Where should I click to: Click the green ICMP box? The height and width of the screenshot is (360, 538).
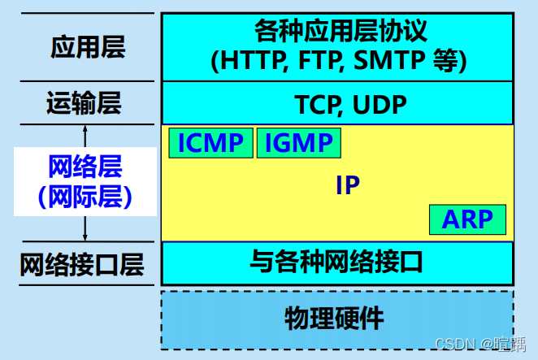point(211,143)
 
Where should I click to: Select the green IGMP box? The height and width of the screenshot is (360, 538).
point(298,143)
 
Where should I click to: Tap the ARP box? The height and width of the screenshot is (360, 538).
point(467,219)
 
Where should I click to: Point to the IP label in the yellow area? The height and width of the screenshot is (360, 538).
point(347,184)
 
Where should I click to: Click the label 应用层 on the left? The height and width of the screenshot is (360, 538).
point(88,46)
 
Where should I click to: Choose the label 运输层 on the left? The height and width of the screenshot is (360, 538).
point(84,103)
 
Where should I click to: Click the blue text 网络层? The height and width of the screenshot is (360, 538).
point(85,167)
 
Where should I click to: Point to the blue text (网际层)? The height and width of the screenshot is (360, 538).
point(85,196)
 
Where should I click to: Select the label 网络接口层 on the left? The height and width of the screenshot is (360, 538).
point(82,264)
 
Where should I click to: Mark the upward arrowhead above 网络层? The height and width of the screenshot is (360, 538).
point(85,130)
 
